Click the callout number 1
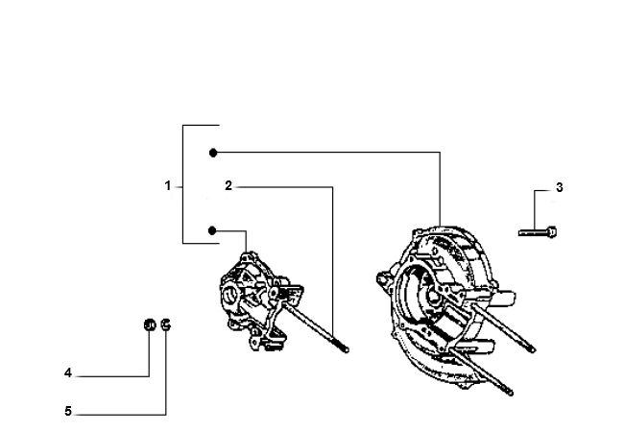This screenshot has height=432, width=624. point(168,186)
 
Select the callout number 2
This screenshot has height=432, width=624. point(228,186)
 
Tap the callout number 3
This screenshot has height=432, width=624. point(560,187)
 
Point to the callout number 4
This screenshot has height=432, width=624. point(68,373)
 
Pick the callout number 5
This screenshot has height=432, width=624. point(68,411)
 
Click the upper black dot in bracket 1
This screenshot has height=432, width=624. point(213,153)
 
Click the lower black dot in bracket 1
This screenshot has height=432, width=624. point(212,230)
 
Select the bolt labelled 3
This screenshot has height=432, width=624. point(538,232)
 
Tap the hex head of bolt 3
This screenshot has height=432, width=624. point(552,231)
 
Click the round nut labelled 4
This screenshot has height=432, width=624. point(149,325)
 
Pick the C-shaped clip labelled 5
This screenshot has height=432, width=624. point(166,324)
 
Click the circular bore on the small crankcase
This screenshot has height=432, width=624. point(230,295)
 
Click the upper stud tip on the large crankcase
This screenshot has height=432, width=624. point(531,348)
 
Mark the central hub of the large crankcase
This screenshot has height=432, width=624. point(433,297)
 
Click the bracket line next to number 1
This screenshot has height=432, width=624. point(183,184)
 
